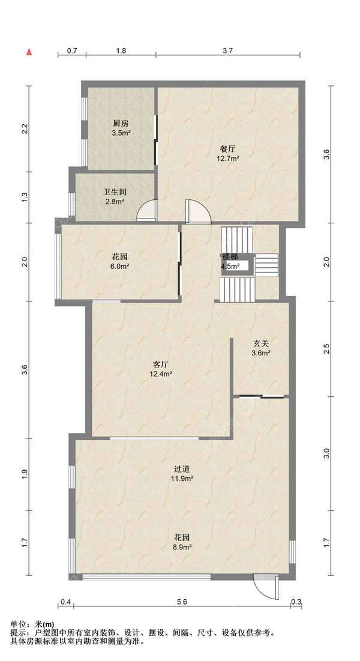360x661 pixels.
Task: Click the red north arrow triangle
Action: point(29,52)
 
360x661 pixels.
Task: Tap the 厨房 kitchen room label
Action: point(121,124)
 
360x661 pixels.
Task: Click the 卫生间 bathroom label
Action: point(115,192)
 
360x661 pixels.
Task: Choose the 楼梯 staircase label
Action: point(230,257)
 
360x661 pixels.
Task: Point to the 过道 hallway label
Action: point(184,469)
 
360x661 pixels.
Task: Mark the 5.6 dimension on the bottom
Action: point(182,602)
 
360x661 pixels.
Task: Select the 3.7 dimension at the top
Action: point(228,50)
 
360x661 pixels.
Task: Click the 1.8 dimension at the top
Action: point(121,50)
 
